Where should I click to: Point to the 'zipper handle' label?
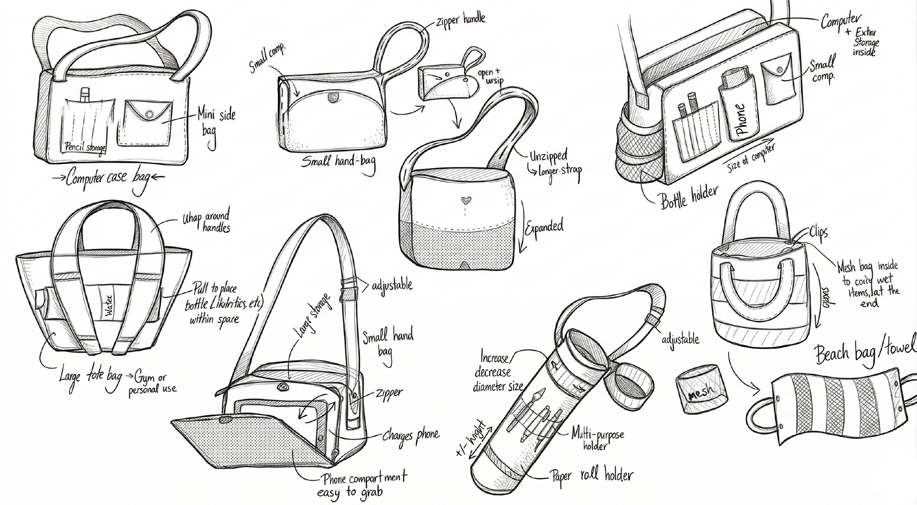point(460,20)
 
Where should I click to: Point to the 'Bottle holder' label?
point(689,196)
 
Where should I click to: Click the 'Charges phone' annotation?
point(411,435)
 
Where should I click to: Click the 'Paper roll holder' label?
point(592,475)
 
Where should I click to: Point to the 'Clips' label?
point(818,232)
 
